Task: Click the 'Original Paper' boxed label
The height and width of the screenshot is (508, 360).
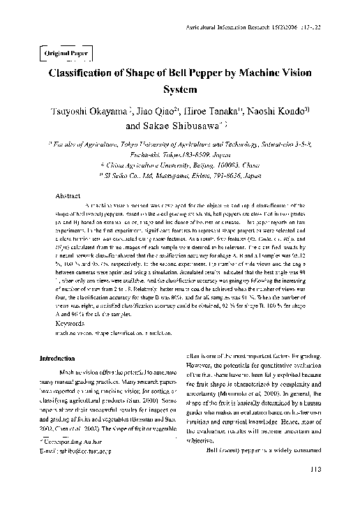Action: (59, 53)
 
